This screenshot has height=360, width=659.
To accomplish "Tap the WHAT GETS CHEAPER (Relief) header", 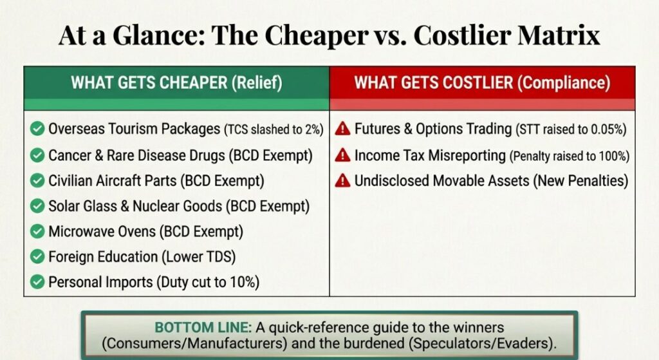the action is click(x=176, y=83).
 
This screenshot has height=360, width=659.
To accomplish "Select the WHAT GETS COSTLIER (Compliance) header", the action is click(x=482, y=83).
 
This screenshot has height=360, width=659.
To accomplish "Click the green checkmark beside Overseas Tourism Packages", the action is click(x=37, y=129).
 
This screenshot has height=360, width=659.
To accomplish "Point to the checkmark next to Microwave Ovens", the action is click(x=37, y=231).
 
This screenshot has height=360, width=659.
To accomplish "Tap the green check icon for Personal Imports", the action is click(x=37, y=282).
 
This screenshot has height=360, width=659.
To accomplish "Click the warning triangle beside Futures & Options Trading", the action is click(x=342, y=128).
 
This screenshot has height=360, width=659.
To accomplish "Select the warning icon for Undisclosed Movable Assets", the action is click(x=342, y=180).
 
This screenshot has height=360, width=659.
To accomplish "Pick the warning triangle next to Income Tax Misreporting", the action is click(x=342, y=155).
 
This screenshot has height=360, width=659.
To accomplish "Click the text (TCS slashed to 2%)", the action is click(x=274, y=129).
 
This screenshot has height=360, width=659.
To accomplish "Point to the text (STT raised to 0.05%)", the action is click(x=571, y=129).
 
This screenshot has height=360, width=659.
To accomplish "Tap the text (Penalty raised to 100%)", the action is click(x=570, y=156).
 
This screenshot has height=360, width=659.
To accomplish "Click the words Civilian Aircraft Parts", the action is click(x=112, y=181).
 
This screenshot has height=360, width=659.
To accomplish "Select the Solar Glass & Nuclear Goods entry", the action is click(x=179, y=207).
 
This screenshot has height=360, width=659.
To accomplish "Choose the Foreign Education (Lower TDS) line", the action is click(x=142, y=257).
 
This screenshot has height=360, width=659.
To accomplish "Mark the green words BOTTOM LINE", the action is click(x=203, y=328).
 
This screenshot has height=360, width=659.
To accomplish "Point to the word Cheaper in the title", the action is click(x=316, y=36).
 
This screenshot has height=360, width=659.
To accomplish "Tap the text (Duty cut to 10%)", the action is click(x=208, y=283).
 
